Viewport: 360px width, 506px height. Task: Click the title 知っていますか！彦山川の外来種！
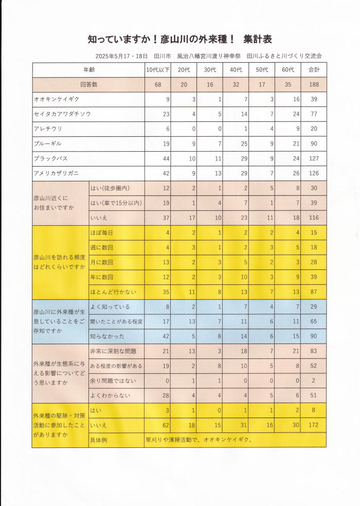coord(161,39)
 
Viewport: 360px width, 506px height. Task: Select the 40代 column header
coord(236,69)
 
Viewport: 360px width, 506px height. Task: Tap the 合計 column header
coord(314,69)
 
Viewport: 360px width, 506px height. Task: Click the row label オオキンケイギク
coord(57,99)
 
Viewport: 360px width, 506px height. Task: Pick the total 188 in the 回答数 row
coord(314,84)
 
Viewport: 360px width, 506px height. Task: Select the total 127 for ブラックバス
coord(314,158)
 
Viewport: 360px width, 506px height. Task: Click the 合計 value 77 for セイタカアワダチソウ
coord(314,114)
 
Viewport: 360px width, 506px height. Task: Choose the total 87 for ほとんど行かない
coord(314,292)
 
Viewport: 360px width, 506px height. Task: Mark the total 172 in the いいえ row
coord(314,425)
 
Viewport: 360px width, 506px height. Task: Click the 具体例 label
coord(99,440)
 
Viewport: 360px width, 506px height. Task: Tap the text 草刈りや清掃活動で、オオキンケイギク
coord(201,440)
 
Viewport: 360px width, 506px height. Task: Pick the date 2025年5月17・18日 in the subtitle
coord(121,56)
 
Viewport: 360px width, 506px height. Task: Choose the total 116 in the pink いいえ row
coord(314,218)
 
